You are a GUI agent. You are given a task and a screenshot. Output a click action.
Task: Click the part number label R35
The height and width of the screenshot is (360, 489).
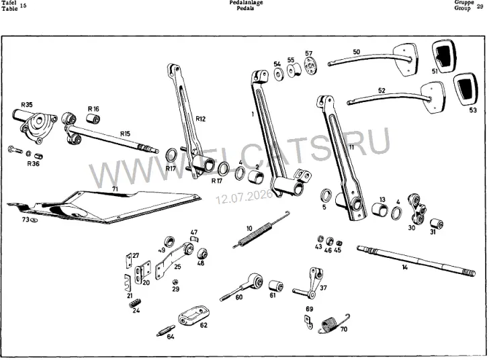tap(26, 105)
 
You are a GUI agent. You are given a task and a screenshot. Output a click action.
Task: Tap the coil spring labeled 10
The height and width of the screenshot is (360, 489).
tap(261, 230)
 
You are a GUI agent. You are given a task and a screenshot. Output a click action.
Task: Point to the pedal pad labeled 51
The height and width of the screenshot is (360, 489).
tap(444, 56)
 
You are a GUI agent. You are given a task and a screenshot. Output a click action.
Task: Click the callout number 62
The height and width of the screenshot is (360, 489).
tap(204, 325)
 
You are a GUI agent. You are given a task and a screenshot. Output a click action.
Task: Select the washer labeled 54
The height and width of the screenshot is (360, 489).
tap(278, 75)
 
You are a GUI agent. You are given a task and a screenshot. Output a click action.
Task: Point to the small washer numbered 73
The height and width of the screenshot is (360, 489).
tap(34, 220)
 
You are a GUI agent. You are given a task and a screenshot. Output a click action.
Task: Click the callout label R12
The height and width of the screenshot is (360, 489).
tap(201, 118)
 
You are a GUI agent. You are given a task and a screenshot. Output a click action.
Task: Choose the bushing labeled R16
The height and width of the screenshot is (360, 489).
tap(93, 119)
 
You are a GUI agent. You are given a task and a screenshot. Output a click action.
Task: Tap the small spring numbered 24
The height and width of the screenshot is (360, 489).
tap(135, 303)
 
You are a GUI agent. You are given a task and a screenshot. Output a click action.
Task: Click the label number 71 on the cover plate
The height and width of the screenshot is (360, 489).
tap(115, 189)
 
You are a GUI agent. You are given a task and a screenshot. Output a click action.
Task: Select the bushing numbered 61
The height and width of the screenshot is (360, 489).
tap(276, 286)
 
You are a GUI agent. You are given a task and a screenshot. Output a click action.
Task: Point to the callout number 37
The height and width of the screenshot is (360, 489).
tap(323, 287)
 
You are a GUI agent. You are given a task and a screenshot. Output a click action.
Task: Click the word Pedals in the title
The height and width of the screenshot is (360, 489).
tap(245, 8)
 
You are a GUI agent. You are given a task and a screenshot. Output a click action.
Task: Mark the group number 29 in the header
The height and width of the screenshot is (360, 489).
tap(480, 6)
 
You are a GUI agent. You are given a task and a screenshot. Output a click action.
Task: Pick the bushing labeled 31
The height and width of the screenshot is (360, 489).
tap(437, 224)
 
